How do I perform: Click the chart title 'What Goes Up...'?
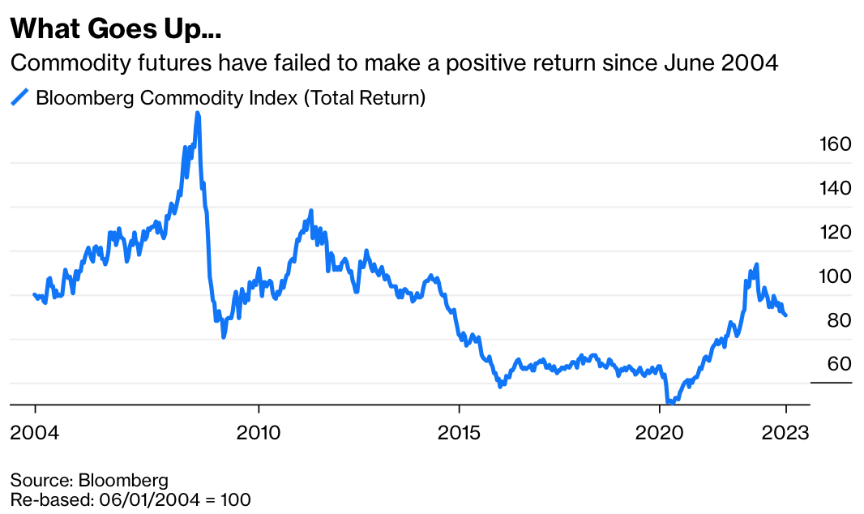tap(115, 30)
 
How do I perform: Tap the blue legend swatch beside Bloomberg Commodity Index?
tap(19, 99)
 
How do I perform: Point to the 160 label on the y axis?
tap(832, 144)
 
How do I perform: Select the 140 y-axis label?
tap(832, 188)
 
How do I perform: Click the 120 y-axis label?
tap(832, 233)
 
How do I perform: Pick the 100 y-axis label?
tap(832, 276)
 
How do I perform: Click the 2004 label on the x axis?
tap(35, 432)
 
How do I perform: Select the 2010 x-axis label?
tap(259, 432)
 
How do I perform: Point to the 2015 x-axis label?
tap(459, 432)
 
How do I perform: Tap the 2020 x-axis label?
tap(660, 432)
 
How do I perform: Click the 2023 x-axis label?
tap(785, 432)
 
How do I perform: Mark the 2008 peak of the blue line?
tap(198, 114)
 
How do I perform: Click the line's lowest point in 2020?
tap(669, 401)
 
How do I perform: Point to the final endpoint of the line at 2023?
tap(785, 315)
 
